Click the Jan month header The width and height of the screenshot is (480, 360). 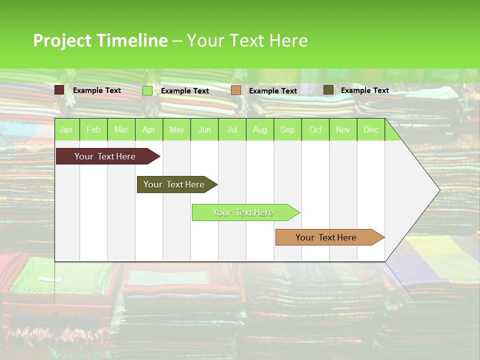66,129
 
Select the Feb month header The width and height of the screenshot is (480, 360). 93,129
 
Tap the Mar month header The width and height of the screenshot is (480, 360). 121,129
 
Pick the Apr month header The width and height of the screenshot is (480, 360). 148,129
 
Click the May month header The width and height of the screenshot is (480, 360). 176,129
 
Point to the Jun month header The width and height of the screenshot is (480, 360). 204,129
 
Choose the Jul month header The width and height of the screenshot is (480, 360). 232,129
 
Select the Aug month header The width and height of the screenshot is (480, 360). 259,129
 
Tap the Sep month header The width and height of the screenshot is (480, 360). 287,129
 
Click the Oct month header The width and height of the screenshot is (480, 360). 315,129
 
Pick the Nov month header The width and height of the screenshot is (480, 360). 343,129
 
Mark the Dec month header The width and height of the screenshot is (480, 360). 370,129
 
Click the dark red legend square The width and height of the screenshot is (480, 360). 59,90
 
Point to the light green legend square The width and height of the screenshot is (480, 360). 147,90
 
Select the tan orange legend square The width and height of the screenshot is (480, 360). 236,90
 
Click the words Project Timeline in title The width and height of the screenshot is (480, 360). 100,40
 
